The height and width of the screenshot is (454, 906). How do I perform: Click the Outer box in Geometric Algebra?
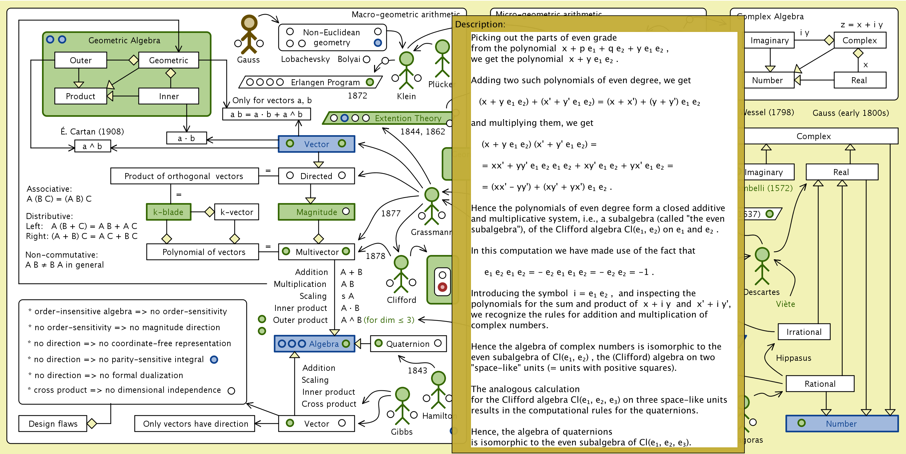tap(81, 60)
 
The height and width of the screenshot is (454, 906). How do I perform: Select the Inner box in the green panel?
tap(169, 96)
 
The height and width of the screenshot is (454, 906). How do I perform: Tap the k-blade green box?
tap(169, 212)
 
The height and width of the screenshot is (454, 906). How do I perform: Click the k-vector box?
tap(236, 212)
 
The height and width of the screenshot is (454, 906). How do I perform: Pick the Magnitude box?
tap(316, 212)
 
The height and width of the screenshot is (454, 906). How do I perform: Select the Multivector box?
tap(316, 252)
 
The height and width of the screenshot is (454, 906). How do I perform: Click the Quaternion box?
tap(408, 344)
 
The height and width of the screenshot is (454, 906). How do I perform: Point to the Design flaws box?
tap(53, 423)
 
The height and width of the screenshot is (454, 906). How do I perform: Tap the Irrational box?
tap(804, 332)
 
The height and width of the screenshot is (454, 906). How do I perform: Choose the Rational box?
tap(820, 384)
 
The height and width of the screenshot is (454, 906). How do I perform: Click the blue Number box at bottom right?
tap(842, 423)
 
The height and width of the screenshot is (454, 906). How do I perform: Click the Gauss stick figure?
tap(249, 35)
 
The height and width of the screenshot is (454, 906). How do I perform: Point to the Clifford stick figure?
tap(401, 274)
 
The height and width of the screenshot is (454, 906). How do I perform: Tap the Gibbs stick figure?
tap(402, 406)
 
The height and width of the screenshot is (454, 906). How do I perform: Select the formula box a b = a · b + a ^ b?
tap(266, 114)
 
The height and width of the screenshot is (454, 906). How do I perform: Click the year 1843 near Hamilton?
tap(417, 370)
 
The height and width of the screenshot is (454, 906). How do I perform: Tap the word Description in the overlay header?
tap(480, 24)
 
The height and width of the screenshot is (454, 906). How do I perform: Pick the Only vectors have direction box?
tap(195, 423)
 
